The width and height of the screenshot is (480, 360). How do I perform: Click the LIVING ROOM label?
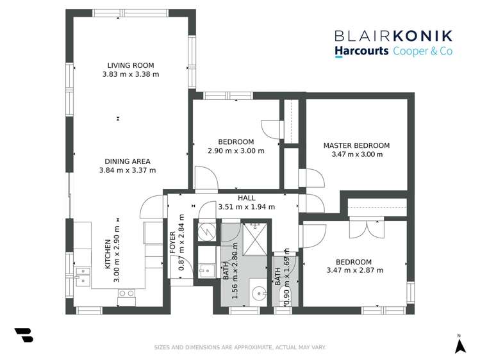[130, 65]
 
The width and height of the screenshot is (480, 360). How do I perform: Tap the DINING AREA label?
[128, 161]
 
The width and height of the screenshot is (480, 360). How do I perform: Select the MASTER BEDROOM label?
[356, 145]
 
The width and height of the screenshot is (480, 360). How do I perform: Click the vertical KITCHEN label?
[108, 254]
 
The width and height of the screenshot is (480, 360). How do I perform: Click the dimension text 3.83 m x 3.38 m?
[130, 74]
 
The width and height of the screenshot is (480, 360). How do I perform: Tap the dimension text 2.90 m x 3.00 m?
[236, 151]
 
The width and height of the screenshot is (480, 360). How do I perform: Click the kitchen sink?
[83, 275]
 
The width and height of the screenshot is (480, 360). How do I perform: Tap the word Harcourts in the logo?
[361, 51]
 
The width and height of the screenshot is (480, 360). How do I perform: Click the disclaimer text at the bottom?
[240, 347]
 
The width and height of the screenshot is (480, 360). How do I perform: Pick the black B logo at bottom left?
[24, 334]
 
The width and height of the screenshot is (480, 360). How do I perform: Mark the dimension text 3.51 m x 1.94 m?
[246, 207]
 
